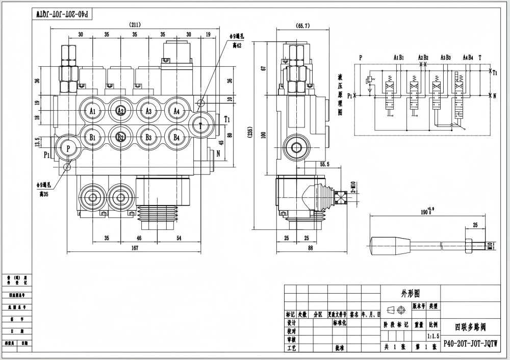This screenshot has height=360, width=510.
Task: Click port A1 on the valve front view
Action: point(92,111)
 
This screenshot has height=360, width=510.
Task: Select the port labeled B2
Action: point(120,137)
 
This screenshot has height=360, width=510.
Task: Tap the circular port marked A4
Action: point(176,111)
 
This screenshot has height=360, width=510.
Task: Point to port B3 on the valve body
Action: point(148,137)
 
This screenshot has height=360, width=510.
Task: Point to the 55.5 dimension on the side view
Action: point(324,165)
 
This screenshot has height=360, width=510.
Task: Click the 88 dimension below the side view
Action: point(311,248)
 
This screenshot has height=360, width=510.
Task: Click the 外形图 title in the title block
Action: point(410,293)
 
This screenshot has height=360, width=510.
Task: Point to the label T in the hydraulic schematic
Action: point(480,58)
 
